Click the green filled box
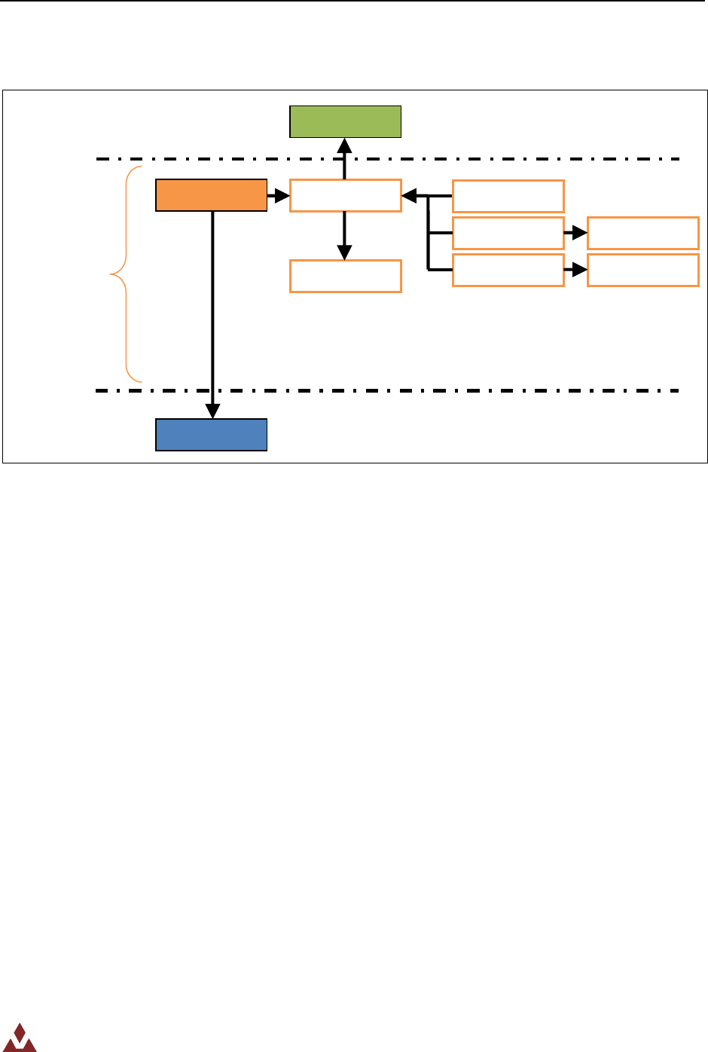(x=345, y=121)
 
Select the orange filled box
(x=211, y=195)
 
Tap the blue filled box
(x=211, y=435)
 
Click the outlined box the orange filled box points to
(x=345, y=196)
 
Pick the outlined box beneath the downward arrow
(x=345, y=276)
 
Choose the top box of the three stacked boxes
(x=508, y=196)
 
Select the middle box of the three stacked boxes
(x=508, y=233)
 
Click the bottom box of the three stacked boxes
(x=508, y=270)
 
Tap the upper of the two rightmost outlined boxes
(x=642, y=233)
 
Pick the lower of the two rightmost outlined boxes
(x=642, y=270)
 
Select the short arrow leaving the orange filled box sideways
(x=279, y=197)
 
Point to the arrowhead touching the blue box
(x=213, y=411)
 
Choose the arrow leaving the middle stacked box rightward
(x=575, y=234)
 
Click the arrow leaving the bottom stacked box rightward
(x=575, y=271)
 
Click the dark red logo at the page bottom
(x=19, y=1038)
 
